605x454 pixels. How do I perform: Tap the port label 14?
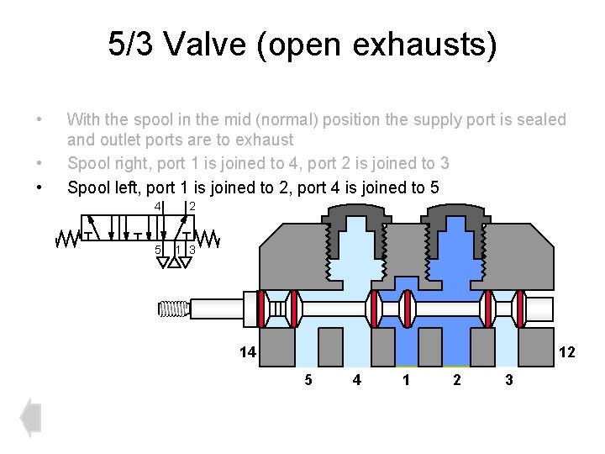click(245, 352)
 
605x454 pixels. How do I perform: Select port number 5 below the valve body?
click(308, 380)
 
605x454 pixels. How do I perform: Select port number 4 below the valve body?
click(357, 380)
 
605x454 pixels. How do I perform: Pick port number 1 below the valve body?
click(407, 380)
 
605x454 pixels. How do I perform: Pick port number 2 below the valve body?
click(456, 380)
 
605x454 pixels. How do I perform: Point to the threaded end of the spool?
click(172, 309)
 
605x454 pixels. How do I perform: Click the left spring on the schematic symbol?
click(67, 239)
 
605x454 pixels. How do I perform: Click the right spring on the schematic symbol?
click(208, 239)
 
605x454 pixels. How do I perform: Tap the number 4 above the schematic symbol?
click(157, 207)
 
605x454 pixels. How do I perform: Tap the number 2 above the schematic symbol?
click(192, 207)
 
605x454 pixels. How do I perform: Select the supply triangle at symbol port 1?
click(174, 262)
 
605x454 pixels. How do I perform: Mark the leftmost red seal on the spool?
click(262, 309)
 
